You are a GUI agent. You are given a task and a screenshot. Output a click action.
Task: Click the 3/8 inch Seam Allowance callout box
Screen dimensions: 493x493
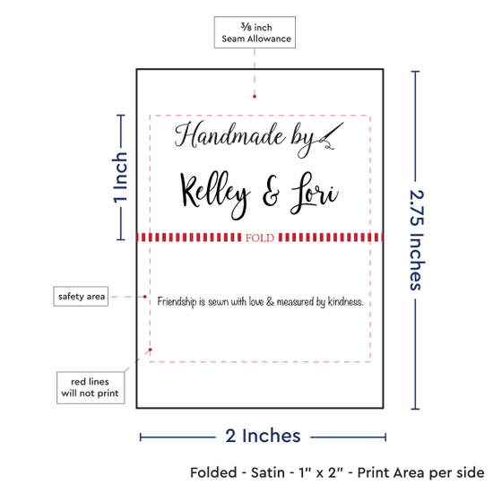(255, 32)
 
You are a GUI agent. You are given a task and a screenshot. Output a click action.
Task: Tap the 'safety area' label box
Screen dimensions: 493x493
(81, 296)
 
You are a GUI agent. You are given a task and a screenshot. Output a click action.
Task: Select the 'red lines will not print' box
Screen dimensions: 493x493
(91, 387)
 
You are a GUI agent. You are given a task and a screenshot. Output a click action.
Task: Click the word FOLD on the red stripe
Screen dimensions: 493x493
(260, 238)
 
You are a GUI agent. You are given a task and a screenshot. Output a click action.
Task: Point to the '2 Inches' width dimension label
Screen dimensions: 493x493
(263, 436)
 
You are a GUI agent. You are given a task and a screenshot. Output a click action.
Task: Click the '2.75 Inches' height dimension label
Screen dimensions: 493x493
(417, 240)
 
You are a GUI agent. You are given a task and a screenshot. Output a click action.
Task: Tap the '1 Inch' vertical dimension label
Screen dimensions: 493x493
(120, 177)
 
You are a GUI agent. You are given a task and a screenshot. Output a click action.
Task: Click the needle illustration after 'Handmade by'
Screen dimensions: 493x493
(331, 136)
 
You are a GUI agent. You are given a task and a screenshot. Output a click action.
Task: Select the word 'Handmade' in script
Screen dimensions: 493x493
(229, 135)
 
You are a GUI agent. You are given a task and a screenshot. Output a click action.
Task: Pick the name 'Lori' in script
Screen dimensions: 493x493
(315, 193)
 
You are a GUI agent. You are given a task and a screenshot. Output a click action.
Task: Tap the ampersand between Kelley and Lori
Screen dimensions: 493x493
(271, 192)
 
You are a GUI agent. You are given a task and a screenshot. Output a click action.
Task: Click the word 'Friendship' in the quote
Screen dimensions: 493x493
(177, 302)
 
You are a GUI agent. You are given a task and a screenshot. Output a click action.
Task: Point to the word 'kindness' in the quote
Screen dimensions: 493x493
(345, 302)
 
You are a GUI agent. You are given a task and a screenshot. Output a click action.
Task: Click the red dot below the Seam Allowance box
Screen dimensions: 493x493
(255, 96)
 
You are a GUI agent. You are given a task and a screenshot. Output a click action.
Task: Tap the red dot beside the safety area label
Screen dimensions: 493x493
(144, 297)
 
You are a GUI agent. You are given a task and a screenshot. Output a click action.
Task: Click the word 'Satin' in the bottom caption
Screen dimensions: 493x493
(268, 472)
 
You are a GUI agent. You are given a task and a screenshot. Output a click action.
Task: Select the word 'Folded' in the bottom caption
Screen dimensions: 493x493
(213, 472)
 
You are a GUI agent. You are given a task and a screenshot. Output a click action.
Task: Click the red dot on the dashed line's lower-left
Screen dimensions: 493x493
(151, 350)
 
